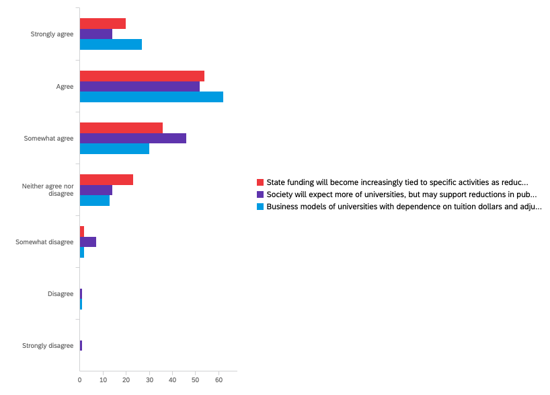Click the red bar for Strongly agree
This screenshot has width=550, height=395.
103,24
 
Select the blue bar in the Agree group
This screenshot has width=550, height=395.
151,97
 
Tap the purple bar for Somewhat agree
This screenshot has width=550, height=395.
133,138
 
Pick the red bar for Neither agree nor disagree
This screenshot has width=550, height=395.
106,180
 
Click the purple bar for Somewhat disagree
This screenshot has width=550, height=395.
88,242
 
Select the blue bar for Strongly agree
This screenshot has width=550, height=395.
111,44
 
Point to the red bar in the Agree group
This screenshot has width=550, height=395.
142,76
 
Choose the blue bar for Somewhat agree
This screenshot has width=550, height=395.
114,149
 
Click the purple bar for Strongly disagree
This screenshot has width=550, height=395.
81,345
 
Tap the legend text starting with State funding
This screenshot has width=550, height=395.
397,182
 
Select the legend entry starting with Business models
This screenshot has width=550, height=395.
403,207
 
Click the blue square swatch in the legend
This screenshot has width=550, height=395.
260,207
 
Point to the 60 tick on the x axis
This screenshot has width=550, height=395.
219,381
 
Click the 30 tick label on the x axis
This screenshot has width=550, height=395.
149,381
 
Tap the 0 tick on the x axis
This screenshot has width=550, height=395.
80,381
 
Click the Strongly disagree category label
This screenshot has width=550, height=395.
48,346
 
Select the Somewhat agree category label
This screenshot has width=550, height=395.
48,139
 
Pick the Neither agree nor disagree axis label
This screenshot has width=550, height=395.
48,190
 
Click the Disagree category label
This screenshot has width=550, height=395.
61,294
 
